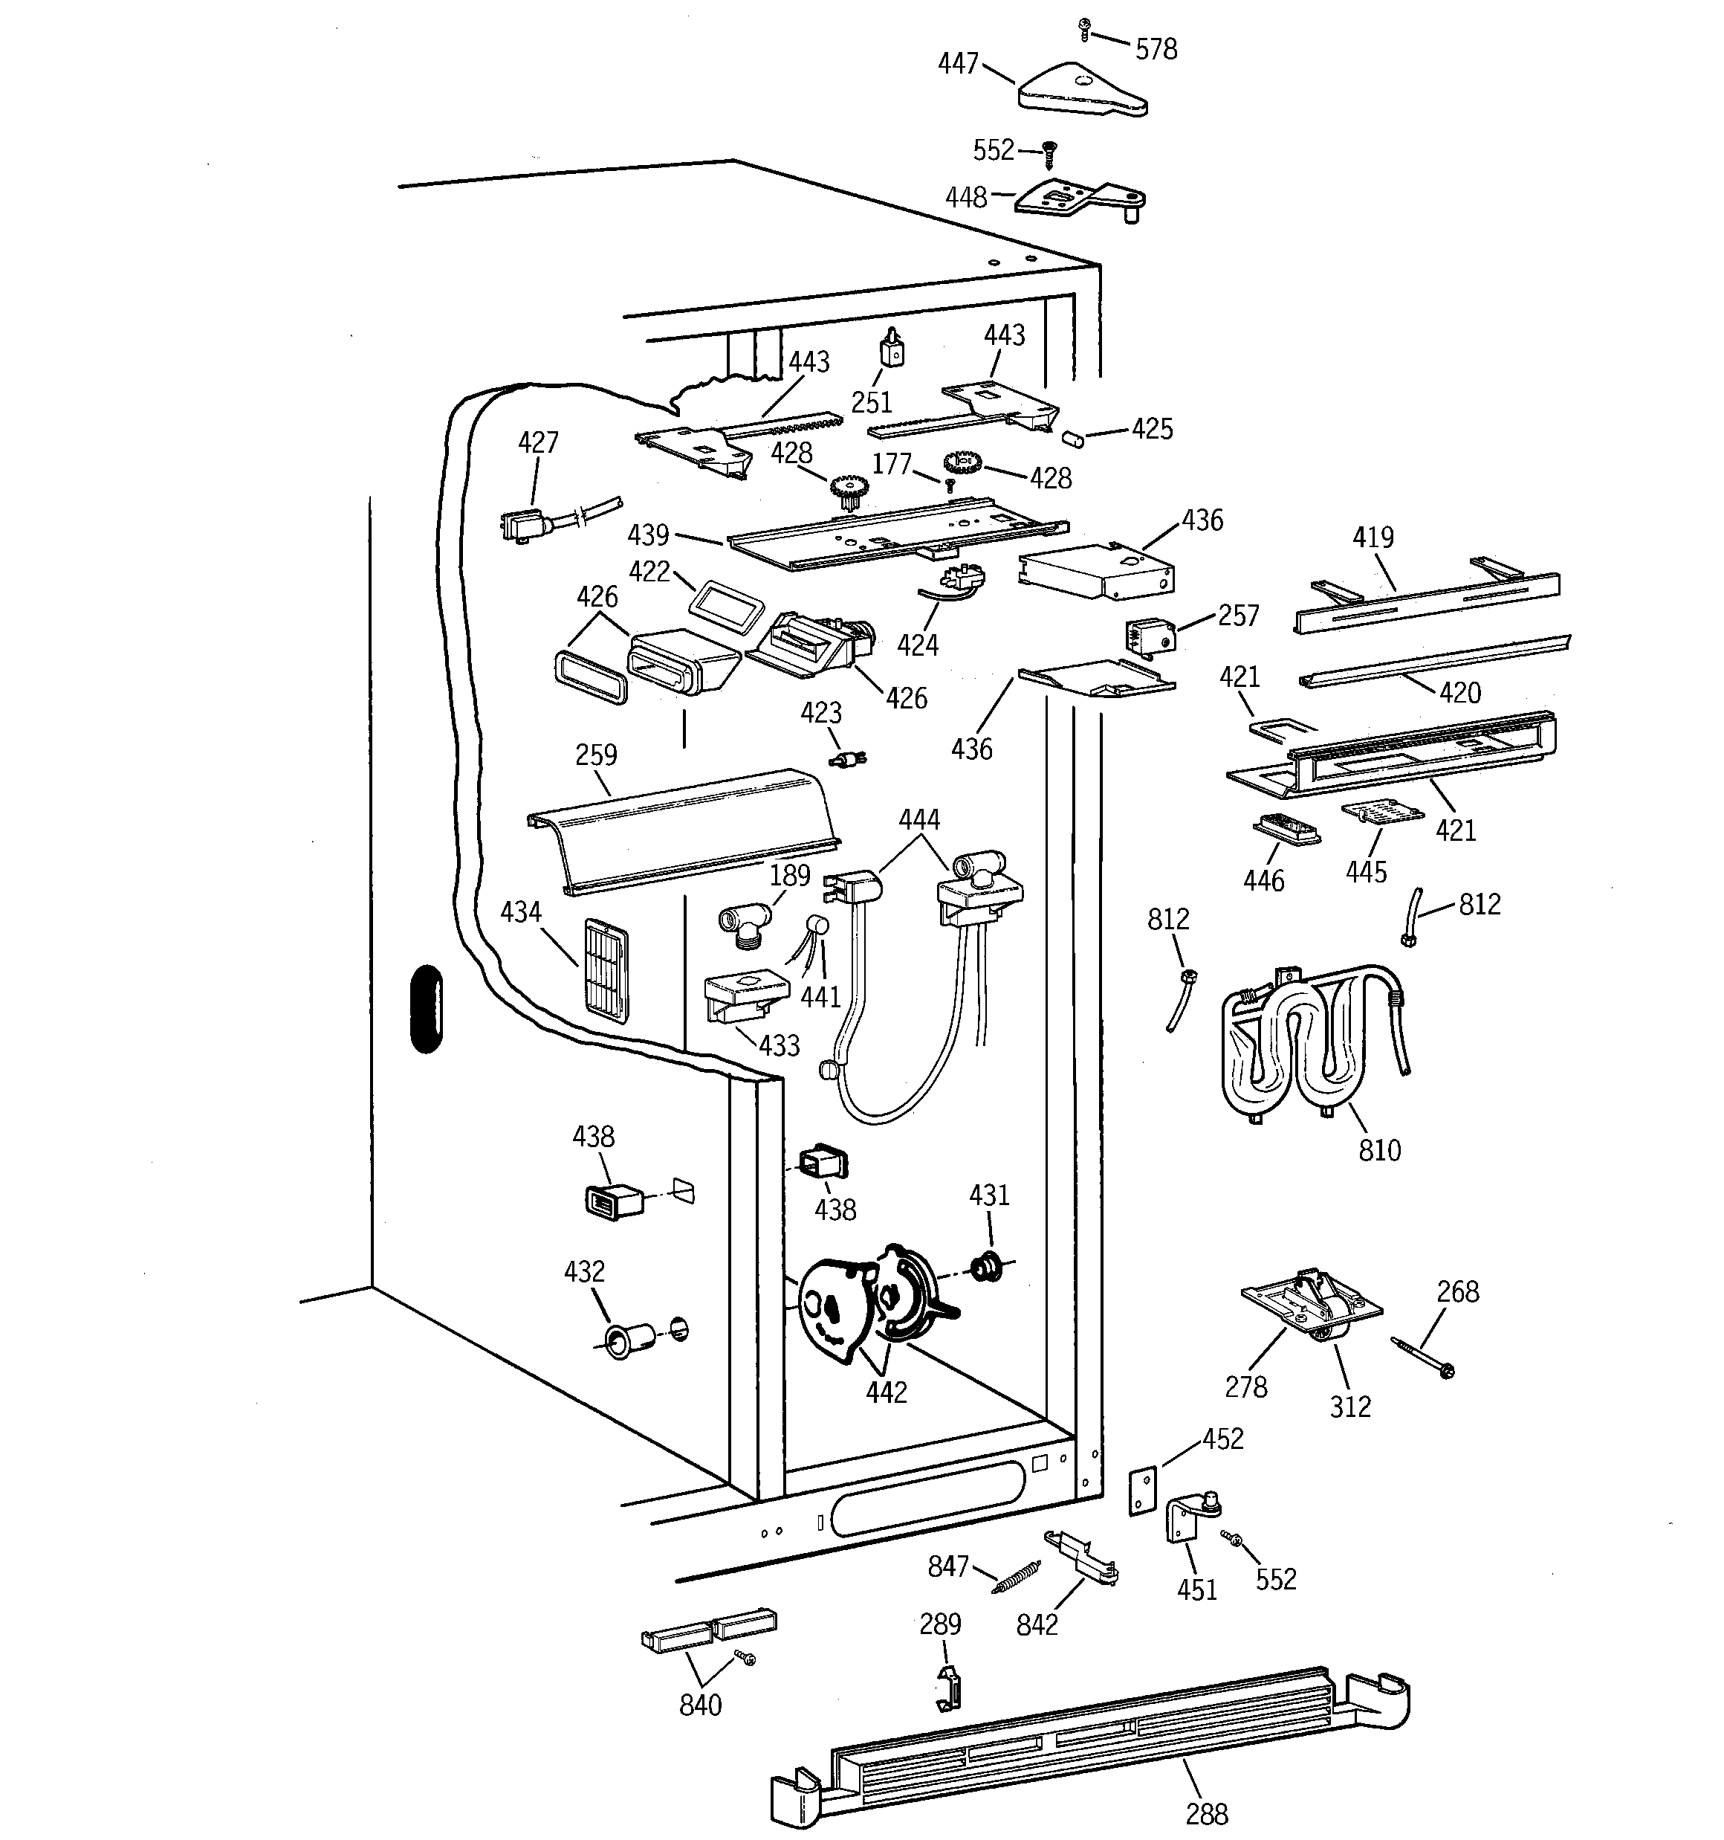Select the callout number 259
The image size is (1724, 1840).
pyautogui.click(x=596, y=755)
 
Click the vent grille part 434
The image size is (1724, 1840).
pyautogui.click(x=606, y=970)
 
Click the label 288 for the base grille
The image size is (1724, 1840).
pyautogui.click(x=1207, y=1813)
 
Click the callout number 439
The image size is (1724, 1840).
pyautogui.click(x=648, y=535)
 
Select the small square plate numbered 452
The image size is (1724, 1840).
pyautogui.click(x=1143, y=1490)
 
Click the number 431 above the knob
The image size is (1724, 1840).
pyautogui.click(x=989, y=1196)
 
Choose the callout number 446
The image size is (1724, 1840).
pyautogui.click(x=1264, y=880)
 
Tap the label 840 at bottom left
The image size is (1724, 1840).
pyautogui.click(x=701, y=1704)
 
